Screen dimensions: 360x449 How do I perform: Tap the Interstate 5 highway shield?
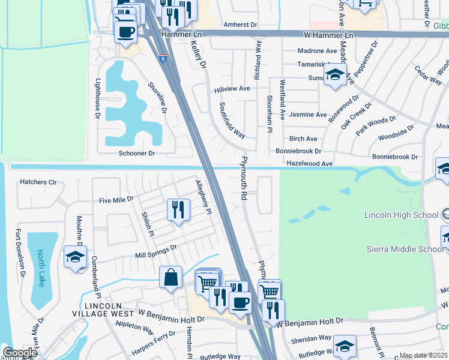pyautogui.click(x=163, y=59)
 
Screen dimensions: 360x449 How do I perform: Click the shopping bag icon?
pyautogui.click(x=171, y=278)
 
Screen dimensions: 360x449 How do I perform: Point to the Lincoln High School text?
pyautogui.click(x=401, y=215)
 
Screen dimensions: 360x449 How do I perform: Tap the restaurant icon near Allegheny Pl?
pyautogui.click(x=178, y=210)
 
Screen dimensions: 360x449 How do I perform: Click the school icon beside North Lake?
pyautogui.click(x=76, y=256)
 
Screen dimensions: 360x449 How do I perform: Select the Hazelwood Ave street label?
pyautogui.click(x=310, y=163)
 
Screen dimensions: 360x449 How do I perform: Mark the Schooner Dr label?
pyautogui.click(x=137, y=154)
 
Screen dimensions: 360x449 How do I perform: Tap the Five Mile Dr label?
pyautogui.click(x=116, y=199)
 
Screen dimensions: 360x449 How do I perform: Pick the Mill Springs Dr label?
pyautogui.click(x=156, y=251)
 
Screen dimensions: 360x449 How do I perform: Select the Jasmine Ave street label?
pyautogui.click(x=308, y=114)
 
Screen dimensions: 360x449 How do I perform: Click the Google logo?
pyautogui.click(x=20, y=352)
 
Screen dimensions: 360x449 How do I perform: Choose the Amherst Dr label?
pyautogui.click(x=240, y=25)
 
